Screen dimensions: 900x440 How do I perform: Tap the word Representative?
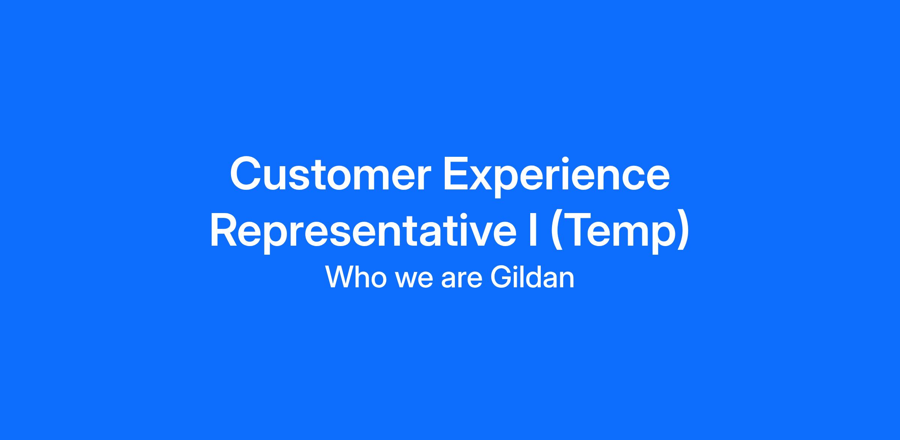(x=363, y=231)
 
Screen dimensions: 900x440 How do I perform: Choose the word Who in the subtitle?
(x=356, y=277)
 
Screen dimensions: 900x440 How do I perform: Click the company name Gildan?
(x=532, y=277)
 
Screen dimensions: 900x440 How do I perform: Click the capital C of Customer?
(x=246, y=173)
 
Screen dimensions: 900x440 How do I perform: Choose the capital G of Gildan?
(x=501, y=277)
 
